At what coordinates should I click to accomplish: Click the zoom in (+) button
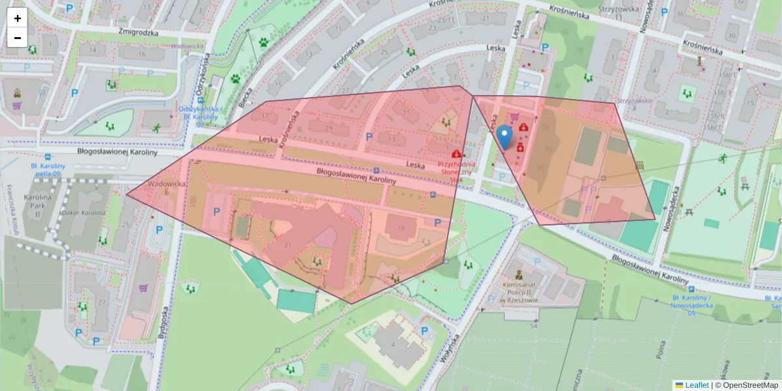pyautogui.click(x=18, y=18)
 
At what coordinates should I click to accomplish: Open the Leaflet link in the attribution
pyautogui.click(x=696, y=385)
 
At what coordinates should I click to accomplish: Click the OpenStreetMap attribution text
pyautogui.click(x=747, y=385)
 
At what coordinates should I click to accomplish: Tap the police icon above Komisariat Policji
pyautogui.click(x=518, y=274)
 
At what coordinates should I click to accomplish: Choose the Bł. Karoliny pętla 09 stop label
pyautogui.click(x=48, y=170)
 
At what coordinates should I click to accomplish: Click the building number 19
pyautogui.click(x=400, y=228)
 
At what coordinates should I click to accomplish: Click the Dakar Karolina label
pyautogui.click(x=83, y=212)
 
